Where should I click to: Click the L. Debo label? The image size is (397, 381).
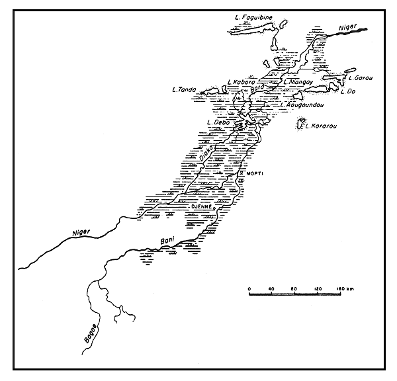[x=218, y=122]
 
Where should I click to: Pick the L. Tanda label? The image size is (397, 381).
[x=183, y=90]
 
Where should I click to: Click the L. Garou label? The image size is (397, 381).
[x=361, y=78]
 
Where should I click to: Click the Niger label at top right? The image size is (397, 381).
[x=347, y=28]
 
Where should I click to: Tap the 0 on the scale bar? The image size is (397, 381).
[x=249, y=289]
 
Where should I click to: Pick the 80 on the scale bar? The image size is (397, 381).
[x=293, y=289]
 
